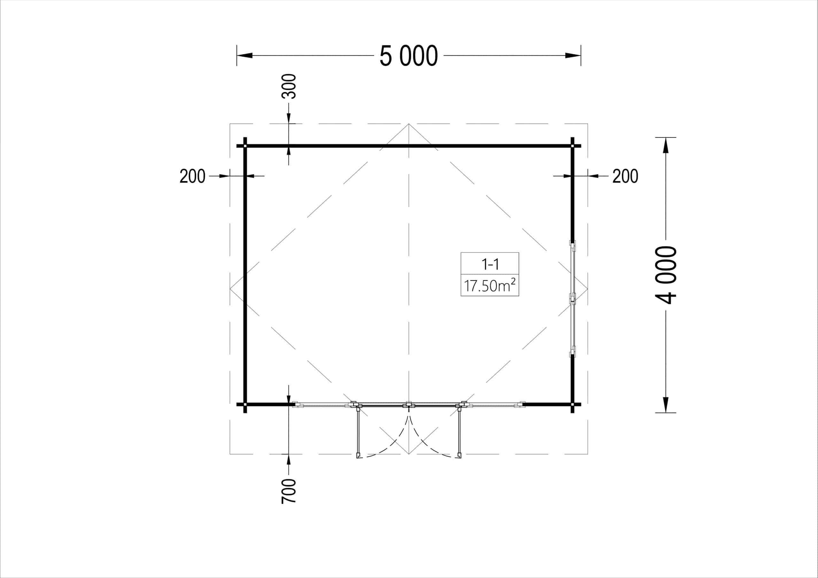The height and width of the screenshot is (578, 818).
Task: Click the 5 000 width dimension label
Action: click(x=409, y=56)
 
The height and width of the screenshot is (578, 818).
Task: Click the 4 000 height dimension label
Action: click(x=666, y=275)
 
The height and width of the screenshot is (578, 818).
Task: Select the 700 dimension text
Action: click(x=289, y=491)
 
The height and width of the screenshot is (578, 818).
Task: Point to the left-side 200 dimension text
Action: click(x=192, y=176)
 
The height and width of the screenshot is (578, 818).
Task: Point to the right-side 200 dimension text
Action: click(x=625, y=176)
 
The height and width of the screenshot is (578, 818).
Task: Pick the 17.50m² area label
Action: click(x=490, y=285)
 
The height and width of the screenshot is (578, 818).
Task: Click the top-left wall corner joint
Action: click(x=245, y=146)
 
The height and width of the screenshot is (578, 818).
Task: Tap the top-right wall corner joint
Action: click(x=573, y=146)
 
